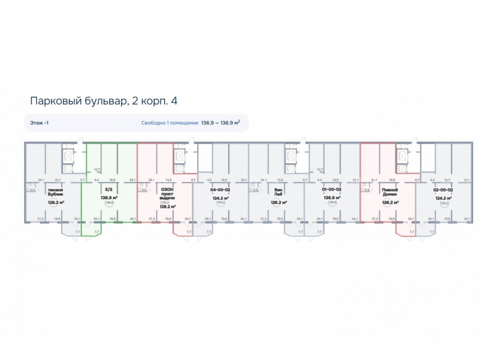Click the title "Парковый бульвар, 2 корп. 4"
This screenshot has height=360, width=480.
pyautogui.click(x=104, y=101)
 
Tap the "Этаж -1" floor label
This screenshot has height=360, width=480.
pyautogui.click(x=39, y=123)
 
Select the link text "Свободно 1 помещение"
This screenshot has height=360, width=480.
pyautogui.click(x=169, y=123)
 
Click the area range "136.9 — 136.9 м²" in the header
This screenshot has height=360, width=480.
pyautogui.click(x=220, y=123)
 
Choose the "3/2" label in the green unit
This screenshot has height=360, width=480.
pyautogui.click(x=109, y=190)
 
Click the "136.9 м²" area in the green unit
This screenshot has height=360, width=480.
pyautogui.click(x=109, y=197)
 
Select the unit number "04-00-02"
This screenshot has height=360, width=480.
pyautogui.click(x=221, y=190)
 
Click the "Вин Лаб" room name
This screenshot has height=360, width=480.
pyautogui.click(x=277, y=193)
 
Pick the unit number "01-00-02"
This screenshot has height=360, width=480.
pyautogui.click(x=332, y=190)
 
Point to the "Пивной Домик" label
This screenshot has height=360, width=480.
pyautogui.click(x=389, y=193)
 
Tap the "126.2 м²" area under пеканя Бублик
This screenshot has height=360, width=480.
pyautogui.click(x=57, y=203)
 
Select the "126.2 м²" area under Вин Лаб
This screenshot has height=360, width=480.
pyautogui.click(x=277, y=203)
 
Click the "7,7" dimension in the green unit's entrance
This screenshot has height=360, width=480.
pyautogui.click(x=96, y=232)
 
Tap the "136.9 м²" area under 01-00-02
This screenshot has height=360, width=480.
pyautogui.click(x=332, y=197)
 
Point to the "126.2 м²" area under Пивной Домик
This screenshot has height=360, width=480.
pyautogui.click(x=389, y=203)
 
